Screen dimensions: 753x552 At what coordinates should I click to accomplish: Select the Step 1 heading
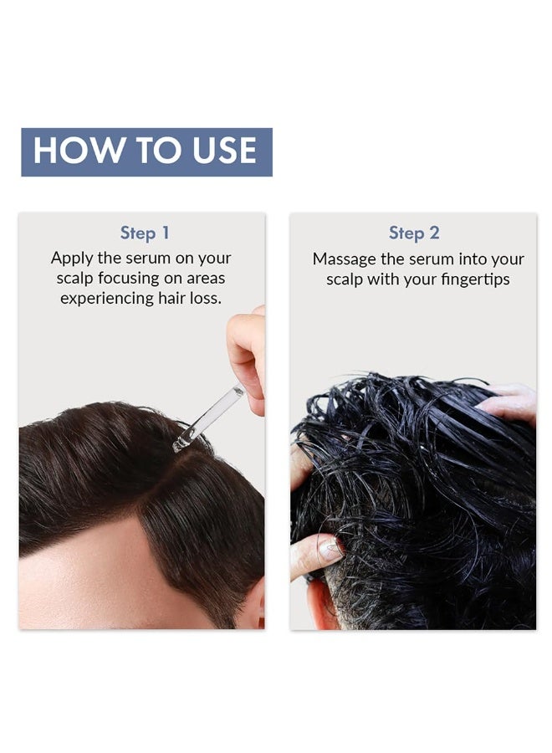pyautogui.click(x=144, y=233)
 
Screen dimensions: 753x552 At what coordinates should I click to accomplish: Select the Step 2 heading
pyautogui.click(x=414, y=233)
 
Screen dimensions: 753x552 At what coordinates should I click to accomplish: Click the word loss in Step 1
pyautogui.click(x=206, y=299)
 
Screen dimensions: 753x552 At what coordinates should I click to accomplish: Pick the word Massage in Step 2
pyautogui.click(x=345, y=259)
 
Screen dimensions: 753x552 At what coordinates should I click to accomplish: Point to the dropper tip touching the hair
pyautogui.click(x=179, y=444)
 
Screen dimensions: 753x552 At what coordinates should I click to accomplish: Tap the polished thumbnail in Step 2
pyautogui.click(x=330, y=549)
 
